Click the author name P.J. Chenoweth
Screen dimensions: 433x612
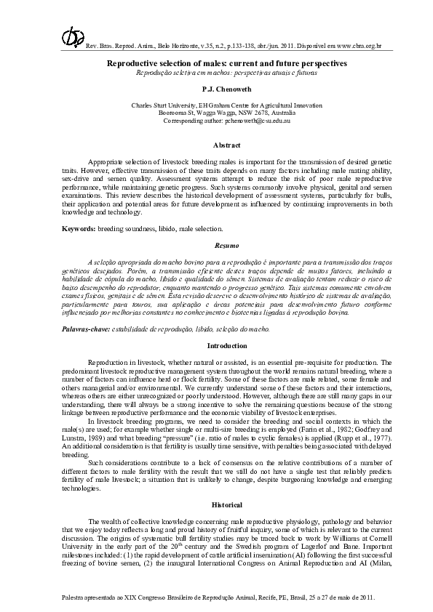tap(216, 88)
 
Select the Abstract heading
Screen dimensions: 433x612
tap(216, 145)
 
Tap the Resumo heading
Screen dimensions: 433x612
tap(216, 246)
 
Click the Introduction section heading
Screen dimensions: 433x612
tap(216, 345)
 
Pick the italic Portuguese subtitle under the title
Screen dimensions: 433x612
tap(216, 73)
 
